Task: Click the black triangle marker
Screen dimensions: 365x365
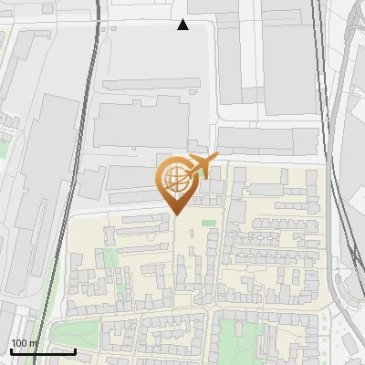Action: pos(183,25)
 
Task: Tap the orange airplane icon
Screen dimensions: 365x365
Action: pos(200,166)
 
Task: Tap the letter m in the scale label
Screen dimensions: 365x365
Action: pos(35,343)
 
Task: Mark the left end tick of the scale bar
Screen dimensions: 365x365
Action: pos(11,350)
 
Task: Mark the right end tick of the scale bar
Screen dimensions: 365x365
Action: pos(75,350)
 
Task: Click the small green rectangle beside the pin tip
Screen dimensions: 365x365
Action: pos(209,223)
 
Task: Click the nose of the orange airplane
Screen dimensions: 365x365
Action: pos(216,158)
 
